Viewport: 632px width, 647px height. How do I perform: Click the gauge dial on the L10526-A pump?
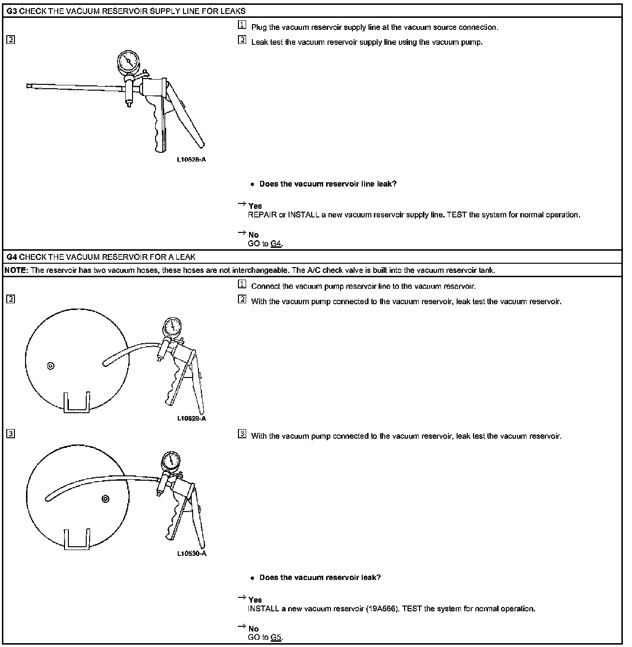(x=128, y=61)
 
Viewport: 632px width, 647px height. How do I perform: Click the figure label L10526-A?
(x=191, y=160)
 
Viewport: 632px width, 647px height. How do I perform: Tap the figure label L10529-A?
(x=191, y=418)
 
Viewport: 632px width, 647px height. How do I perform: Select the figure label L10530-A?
(x=192, y=553)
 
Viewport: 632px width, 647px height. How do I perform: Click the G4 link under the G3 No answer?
(x=276, y=243)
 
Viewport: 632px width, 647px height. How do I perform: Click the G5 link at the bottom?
(x=276, y=637)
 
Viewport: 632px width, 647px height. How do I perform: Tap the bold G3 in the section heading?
(x=12, y=11)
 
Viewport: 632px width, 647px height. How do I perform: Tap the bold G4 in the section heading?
(x=12, y=257)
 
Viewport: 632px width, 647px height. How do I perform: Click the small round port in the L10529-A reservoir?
(x=51, y=366)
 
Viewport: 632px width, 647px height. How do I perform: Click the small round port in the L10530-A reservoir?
(x=105, y=499)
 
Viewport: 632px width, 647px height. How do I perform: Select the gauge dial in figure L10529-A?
(x=172, y=327)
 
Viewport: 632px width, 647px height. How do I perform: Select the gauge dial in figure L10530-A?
(x=172, y=461)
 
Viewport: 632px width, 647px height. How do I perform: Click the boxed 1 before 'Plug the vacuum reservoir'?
(x=242, y=26)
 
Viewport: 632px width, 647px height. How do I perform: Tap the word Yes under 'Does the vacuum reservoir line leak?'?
(x=255, y=206)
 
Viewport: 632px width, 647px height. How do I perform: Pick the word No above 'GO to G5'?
(x=253, y=629)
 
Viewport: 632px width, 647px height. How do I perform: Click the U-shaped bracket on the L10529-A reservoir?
(x=77, y=403)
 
